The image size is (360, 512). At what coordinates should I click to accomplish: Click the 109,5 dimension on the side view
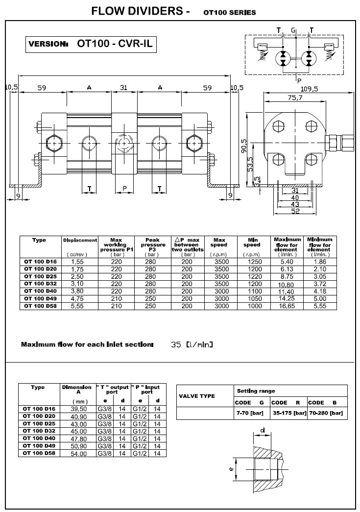point(309,89)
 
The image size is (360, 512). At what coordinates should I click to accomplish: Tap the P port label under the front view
point(124,188)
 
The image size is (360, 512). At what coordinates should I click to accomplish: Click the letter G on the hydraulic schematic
point(293,30)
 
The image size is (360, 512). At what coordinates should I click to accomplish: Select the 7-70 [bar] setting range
point(250,413)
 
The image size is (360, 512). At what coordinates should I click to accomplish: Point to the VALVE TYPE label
point(197,396)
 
